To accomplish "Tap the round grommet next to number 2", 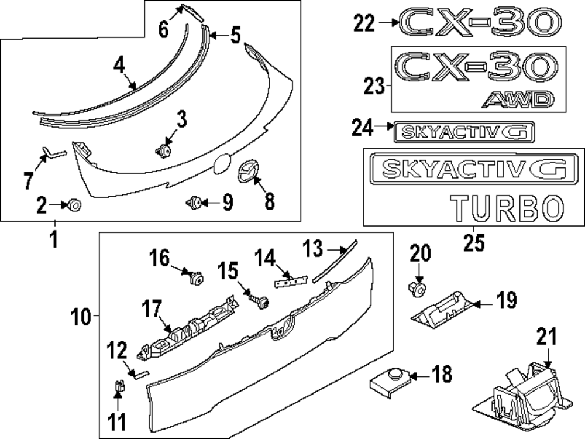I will tap(75, 205).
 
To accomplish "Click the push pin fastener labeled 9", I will tap(194, 203).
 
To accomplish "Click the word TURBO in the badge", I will tap(507, 207).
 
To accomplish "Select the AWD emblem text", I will tap(518, 101).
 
